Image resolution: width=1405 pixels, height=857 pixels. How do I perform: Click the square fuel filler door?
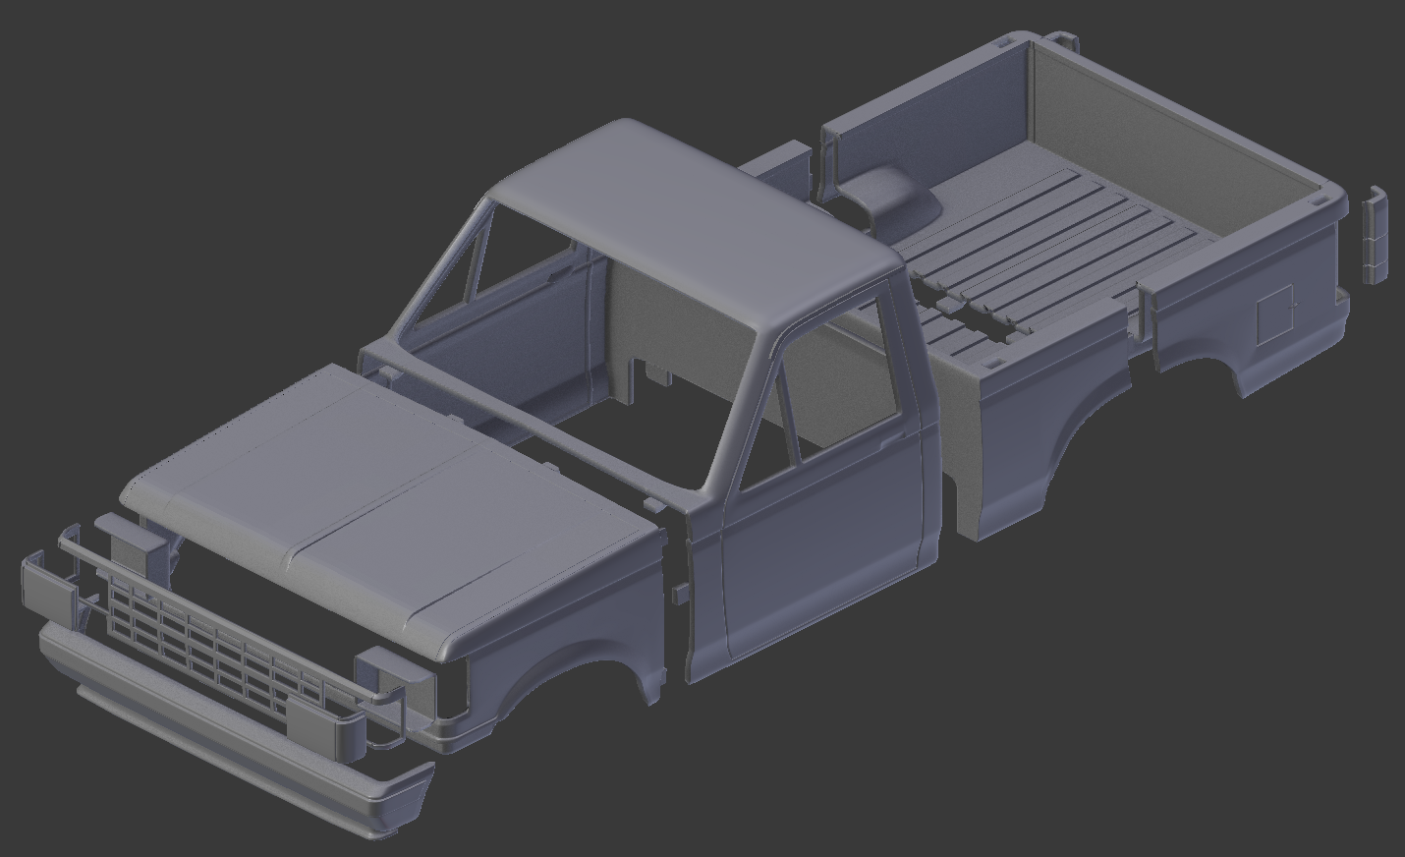(x=1276, y=313)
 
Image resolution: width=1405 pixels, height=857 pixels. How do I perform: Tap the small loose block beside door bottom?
(x=678, y=594)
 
